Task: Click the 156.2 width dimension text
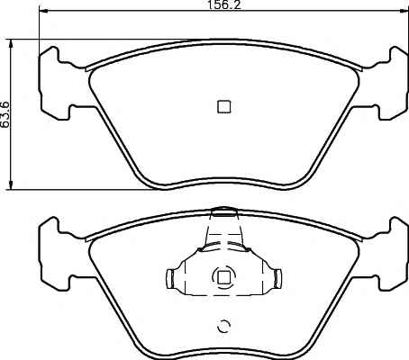point(224,4)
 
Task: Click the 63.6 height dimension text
point(5,114)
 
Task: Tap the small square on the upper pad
point(224,106)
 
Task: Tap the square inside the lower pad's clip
point(223,277)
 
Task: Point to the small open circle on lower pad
point(223,327)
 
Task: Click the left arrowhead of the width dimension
point(44,11)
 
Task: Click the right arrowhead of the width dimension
point(404,11)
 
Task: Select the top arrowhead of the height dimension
point(11,44)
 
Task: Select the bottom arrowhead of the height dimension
point(11,185)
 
